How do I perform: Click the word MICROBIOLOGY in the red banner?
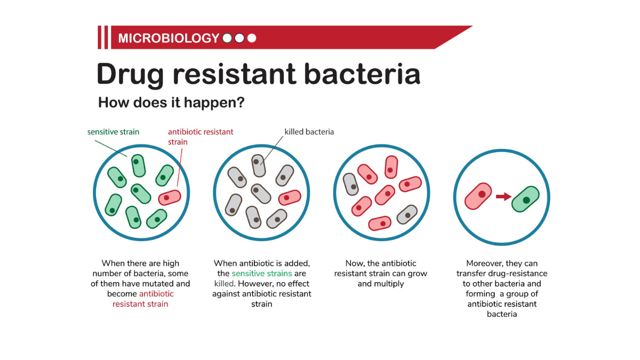click(x=168, y=38)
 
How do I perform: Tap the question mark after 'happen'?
click(x=240, y=102)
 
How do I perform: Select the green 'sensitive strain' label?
click(x=113, y=132)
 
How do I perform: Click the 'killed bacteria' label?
click(x=309, y=132)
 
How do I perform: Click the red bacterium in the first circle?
click(x=170, y=197)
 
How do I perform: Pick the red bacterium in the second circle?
click(x=290, y=197)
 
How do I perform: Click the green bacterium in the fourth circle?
click(x=525, y=199)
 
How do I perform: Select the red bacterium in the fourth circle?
click(x=478, y=195)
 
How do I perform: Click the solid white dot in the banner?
click(x=252, y=38)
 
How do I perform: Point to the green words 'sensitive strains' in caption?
click(x=261, y=274)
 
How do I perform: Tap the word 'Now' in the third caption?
click(x=355, y=263)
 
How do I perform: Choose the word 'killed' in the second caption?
click(x=224, y=284)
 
